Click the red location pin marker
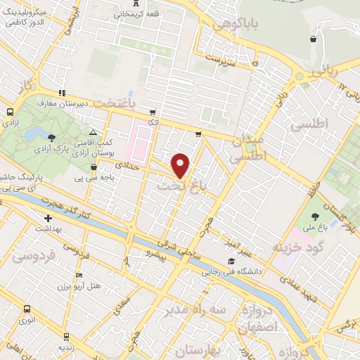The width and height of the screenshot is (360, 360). pos(181,165)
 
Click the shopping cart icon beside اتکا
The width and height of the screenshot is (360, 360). pos(152,112)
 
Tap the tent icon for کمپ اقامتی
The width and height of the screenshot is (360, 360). pos(93,132)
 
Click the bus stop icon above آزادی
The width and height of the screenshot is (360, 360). pos(11,112)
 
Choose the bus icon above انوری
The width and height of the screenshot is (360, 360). pos(27,309)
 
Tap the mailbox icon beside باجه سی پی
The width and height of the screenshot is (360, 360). pos(94,167)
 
